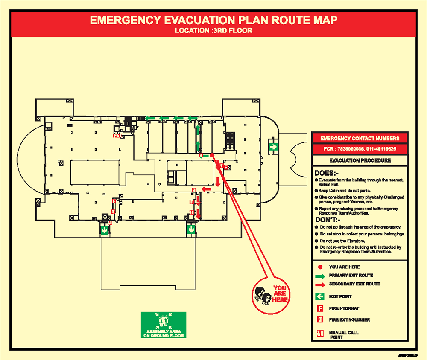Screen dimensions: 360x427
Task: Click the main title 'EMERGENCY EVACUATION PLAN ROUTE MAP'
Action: tap(213, 20)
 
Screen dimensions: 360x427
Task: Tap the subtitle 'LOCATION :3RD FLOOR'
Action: tap(213, 31)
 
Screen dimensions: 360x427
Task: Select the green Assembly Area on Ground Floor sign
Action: tap(164, 325)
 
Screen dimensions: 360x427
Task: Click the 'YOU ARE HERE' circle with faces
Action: tap(270, 295)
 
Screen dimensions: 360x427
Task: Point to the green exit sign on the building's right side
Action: tap(273, 147)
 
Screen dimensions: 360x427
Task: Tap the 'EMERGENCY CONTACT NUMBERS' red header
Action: tap(360, 138)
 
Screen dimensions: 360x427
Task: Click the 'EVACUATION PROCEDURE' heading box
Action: tap(360, 161)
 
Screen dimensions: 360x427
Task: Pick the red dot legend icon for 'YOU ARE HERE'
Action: tap(320, 267)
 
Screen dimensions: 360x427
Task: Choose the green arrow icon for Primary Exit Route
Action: tap(320, 276)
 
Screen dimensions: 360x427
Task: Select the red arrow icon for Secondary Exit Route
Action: tap(320, 284)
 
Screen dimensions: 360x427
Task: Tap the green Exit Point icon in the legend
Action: tap(320, 296)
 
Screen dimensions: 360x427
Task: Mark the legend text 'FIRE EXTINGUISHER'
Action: tap(349, 320)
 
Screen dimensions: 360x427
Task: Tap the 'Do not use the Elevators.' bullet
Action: tap(342, 241)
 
